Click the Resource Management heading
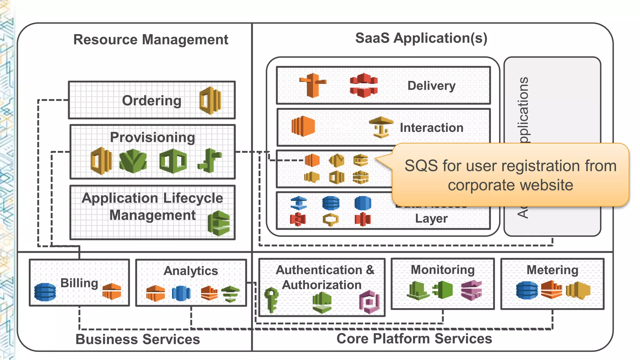pos(151,40)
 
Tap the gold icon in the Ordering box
pos(210,101)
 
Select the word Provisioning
pos(152,137)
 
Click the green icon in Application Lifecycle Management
pos(219,223)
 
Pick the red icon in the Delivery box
pos(363,85)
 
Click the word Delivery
pos(431,86)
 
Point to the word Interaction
pos(431,128)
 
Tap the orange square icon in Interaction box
pos(303,126)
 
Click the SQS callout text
pos(510,175)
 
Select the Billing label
pos(79,283)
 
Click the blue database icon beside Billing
pos(45,292)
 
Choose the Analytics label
pos(191,271)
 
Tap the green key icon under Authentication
pos(271,299)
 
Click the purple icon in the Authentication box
pos(369,302)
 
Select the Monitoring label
pos(442,270)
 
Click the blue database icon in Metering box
pos(527,290)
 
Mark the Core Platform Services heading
pos(414,339)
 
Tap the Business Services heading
pos(137,339)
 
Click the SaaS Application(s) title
pos(421,38)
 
